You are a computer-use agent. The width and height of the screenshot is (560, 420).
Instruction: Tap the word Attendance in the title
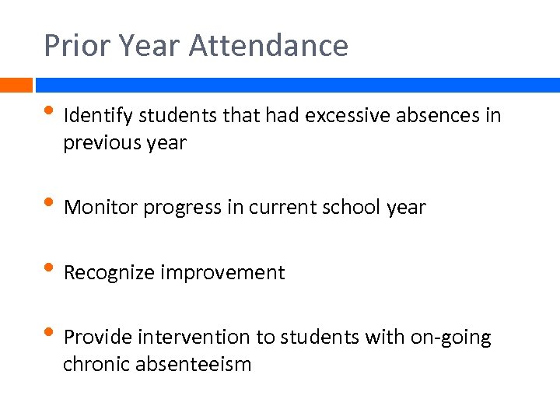click(x=268, y=46)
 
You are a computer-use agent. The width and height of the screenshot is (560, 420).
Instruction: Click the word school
click(x=352, y=208)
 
